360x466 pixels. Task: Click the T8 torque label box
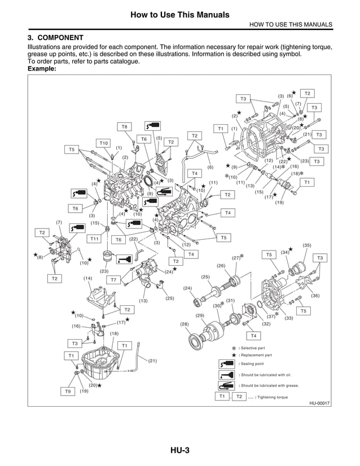click(x=125, y=126)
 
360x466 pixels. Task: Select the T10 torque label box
click(x=104, y=143)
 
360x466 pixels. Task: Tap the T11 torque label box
click(x=95, y=239)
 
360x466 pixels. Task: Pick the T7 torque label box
click(x=113, y=279)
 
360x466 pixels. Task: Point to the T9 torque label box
click(x=68, y=391)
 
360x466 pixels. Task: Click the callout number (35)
click(x=307, y=245)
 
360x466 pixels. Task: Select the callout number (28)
click(x=184, y=324)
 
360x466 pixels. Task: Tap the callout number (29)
click(x=200, y=315)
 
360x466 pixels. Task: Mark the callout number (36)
click(x=315, y=295)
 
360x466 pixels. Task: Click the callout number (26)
click(x=221, y=265)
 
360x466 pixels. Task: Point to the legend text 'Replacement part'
click(x=257, y=355)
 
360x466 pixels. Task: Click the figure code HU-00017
click(x=319, y=403)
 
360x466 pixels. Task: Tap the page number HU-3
click(x=179, y=450)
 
